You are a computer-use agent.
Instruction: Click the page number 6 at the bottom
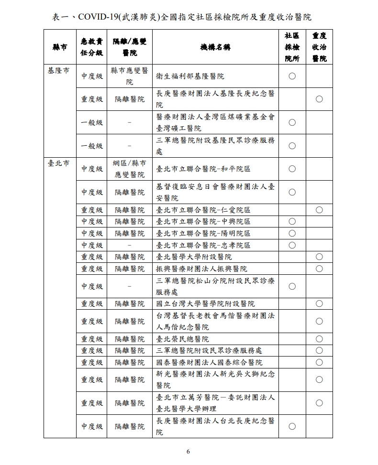coord(189,452)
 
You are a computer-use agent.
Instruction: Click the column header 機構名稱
coord(215,47)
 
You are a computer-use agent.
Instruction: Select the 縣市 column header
coord(59,47)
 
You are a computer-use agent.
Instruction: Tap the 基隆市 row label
coord(58,70)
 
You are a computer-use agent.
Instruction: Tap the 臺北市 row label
coord(58,163)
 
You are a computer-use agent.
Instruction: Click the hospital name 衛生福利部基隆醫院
coord(190,76)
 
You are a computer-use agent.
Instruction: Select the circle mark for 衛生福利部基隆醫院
coord(292,76)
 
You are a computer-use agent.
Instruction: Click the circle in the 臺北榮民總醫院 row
coord(319,339)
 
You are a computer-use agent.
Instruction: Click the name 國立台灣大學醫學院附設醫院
coord(206,303)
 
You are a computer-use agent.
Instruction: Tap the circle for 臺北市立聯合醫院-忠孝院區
coord(292,245)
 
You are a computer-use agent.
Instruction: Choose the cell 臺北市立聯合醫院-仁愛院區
coord(203,210)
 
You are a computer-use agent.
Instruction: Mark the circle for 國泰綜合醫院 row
coord(319,362)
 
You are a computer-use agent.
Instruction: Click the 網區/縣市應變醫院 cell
coord(130,169)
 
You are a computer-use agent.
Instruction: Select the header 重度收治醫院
coord(319,47)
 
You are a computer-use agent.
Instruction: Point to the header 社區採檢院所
coord(292,47)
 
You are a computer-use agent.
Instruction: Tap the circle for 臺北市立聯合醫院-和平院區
coord(292,169)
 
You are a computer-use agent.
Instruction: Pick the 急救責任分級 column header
coord(92,47)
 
